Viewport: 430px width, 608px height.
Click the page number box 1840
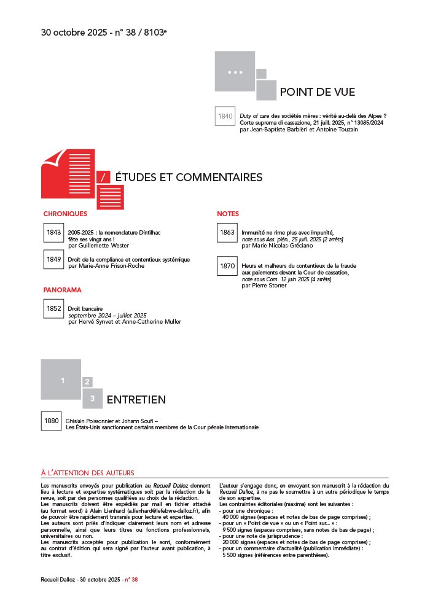(225, 116)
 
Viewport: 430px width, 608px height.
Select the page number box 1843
(53, 233)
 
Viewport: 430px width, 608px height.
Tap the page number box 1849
(53, 259)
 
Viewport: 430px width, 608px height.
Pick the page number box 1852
(53, 308)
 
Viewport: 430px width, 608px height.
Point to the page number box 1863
(227, 233)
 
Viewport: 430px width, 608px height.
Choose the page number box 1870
(227, 266)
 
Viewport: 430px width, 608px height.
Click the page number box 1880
(51, 421)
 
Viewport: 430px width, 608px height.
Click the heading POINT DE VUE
(317, 92)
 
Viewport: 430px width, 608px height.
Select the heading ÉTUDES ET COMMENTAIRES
(189, 177)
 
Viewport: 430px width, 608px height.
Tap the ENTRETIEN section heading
(136, 400)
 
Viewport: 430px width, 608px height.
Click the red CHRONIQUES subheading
(65, 214)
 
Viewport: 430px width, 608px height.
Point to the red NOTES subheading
(228, 214)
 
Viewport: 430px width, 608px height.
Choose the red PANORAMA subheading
(62, 289)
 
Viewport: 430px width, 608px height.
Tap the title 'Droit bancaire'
(85, 308)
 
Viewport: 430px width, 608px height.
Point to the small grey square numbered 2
(88, 382)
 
